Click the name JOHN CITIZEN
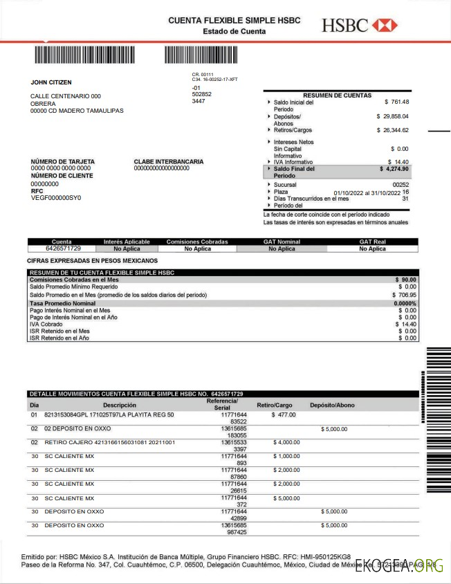pyautogui.click(x=51, y=82)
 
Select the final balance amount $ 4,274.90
pyautogui.click(x=394, y=169)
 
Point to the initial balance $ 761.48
pyautogui.click(x=396, y=102)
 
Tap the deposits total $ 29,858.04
pyautogui.click(x=392, y=116)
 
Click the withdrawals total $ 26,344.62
pyautogui.click(x=392, y=130)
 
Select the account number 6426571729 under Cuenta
pyautogui.click(x=64, y=248)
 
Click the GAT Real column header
pyautogui.click(x=372, y=242)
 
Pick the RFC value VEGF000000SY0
pyautogui.click(x=56, y=198)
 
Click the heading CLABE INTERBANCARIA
pyautogui.click(x=169, y=162)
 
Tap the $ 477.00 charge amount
pyautogui.click(x=284, y=414)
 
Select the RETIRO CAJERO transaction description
pyautogui.click(x=110, y=441)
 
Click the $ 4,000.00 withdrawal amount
pyautogui.click(x=286, y=441)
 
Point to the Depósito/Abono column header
pyautogui.click(x=332, y=405)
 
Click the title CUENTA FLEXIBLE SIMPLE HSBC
pyautogui.click(x=234, y=21)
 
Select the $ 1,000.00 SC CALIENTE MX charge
pyautogui.click(x=286, y=456)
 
